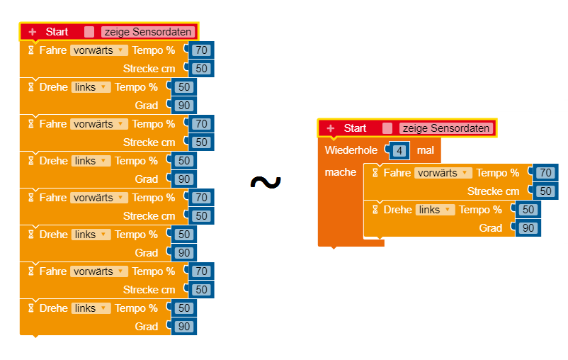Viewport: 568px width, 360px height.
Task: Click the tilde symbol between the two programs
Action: [266, 183]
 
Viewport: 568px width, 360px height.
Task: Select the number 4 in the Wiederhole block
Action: [399, 151]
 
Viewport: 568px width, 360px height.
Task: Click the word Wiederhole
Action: [351, 150]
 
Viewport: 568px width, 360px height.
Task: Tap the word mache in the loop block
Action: [340, 172]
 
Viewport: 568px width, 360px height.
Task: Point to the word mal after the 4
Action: [426, 150]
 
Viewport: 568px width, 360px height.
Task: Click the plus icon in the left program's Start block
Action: [33, 32]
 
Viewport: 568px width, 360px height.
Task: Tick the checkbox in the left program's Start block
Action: [89, 32]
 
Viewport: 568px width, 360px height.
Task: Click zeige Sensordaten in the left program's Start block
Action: [147, 32]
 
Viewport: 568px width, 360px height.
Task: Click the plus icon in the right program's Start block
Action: [331, 128]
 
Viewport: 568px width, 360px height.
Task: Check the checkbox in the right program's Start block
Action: [387, 128]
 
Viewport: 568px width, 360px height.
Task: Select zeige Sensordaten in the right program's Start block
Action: [445, 128]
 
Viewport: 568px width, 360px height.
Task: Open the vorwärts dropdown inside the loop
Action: [443, 173]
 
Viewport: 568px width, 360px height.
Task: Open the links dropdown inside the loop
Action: [435, 210]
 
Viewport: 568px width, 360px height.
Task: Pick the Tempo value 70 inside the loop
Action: [545, 173]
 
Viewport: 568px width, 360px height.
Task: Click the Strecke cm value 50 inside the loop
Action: [545, 191]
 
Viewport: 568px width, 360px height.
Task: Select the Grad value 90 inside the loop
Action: [528, 228]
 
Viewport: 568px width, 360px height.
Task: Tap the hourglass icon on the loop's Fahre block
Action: [375, 173]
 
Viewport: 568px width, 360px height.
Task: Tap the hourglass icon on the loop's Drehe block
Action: [375, 210]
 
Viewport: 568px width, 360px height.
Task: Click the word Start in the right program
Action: [356, 128]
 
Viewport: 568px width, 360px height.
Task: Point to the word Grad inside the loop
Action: [491, 228]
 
